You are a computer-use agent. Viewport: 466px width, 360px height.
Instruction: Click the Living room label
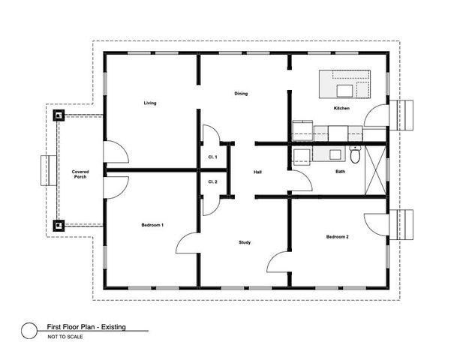tap(150, 103)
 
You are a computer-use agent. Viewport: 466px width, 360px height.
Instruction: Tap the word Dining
tap(241, 94)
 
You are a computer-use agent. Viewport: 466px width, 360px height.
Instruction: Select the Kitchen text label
tap(341, 109)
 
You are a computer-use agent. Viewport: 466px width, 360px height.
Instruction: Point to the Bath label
tap(341, 172)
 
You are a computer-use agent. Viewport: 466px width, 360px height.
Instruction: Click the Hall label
tap(257, 172)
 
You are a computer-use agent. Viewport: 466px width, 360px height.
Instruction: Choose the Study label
tap(245, 242)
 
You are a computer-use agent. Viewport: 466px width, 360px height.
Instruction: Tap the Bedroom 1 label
tap(152, 225)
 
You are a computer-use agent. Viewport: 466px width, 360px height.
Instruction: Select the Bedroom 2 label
tap(337, 237)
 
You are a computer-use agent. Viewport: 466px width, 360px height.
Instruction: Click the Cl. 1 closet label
tap(212, 157)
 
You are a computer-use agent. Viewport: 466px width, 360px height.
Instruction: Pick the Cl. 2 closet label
tap(212, 182)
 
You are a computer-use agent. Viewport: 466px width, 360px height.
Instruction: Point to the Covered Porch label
tap(80, 174)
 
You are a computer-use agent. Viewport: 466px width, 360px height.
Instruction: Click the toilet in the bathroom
tap(355, 155)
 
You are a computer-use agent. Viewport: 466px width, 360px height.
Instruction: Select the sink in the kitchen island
tap(346, 91)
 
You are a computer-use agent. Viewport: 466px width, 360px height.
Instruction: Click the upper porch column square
tap(58, 115)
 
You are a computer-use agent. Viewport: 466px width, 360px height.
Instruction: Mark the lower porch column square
tap(58, 224)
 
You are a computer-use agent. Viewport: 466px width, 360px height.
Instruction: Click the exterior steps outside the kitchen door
tap(410, 114)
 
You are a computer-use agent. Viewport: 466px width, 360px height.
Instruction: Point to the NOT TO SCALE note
tap(66, 337)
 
